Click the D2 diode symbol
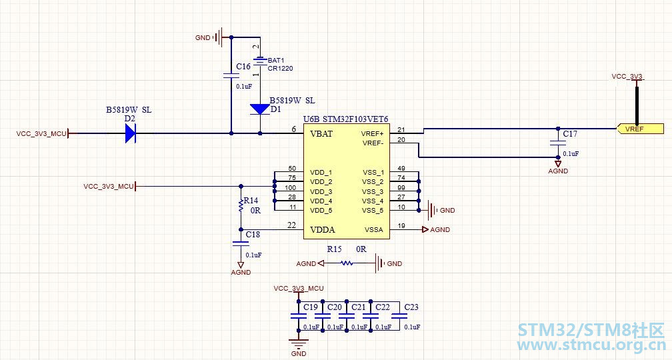(x=131, y=133)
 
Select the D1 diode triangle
(x=260, y=109)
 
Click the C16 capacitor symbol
(x=231, y=76)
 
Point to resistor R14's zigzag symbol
(x=241, y=205)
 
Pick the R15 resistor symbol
(x=347, y=263)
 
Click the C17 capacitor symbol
(x=558, y=143)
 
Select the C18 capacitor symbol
(x=241, y=243)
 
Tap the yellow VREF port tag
(x=640, y=129)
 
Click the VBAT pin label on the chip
(x=321, y=134)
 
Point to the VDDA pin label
(x=322, y=230)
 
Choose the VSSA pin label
(x=374, y=230)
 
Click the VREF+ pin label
(x=372, y=134)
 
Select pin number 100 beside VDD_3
(x=290, y=188)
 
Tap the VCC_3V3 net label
(x=627, y=76)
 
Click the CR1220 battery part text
(x=280, y=68)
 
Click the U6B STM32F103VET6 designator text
(x=346, y=119)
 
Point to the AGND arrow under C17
(x=558, y=164)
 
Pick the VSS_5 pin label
(x=373, y=211)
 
